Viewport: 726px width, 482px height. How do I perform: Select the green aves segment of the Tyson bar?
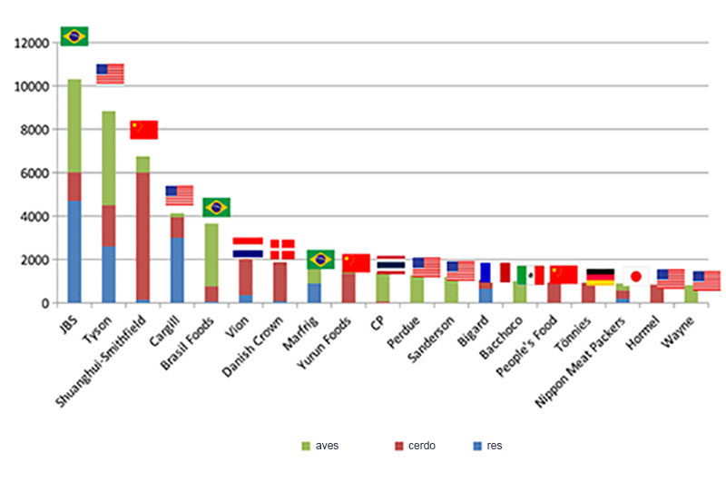[108, 158]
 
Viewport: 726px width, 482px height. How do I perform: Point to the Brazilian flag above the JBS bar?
[74, 36]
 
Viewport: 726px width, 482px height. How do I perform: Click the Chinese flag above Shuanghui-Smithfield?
[144, 130]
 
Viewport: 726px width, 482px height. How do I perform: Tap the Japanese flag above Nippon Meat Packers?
[636, 276]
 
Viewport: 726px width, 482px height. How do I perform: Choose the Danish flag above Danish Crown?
[282, 250]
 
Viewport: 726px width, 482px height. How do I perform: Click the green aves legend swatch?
[306, 446]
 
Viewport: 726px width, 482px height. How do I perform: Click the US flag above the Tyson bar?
[110, 74]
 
